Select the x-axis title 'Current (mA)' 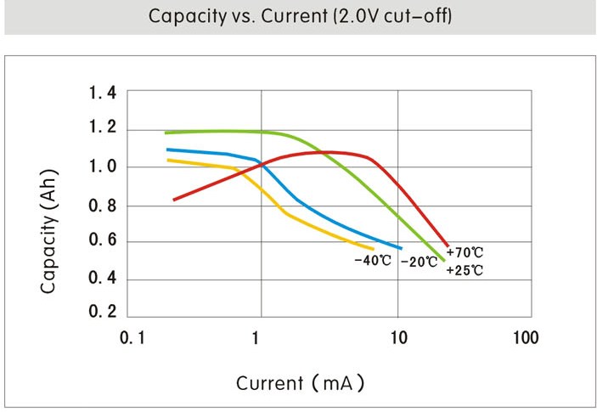[x=300, y=383]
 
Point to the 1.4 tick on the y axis [x=103, y=93]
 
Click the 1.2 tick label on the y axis [x=103, y=129]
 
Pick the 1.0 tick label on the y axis [x=103, y=167]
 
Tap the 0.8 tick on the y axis [x=103, y=206]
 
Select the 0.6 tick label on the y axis [x=103, y=243]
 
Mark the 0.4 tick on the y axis [x=103, y=279]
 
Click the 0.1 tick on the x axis [x=131, y=338]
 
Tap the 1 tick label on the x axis [x=256, y=338]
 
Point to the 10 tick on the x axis [x=397, y=338]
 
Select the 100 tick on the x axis [x=526, y=338]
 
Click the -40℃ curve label [x=372, y=260]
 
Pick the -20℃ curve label [x=419, y=262]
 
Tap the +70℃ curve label [x=465, y=253]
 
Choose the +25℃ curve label [x=465, y=270]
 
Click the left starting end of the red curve [x=174, y=200]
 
